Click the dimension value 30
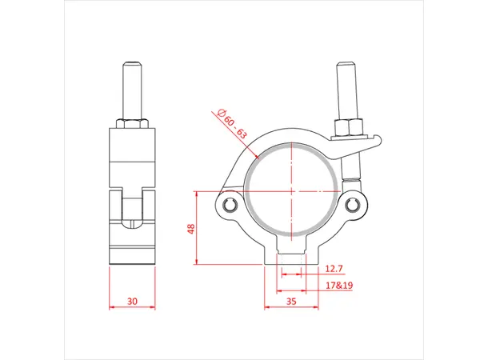coord(133,302)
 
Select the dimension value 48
coord(191,229)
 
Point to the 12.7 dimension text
coord(336,269)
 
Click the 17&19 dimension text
coord(339,285)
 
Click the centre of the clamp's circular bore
coord(292,190)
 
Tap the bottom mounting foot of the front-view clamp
coord(291,256)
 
